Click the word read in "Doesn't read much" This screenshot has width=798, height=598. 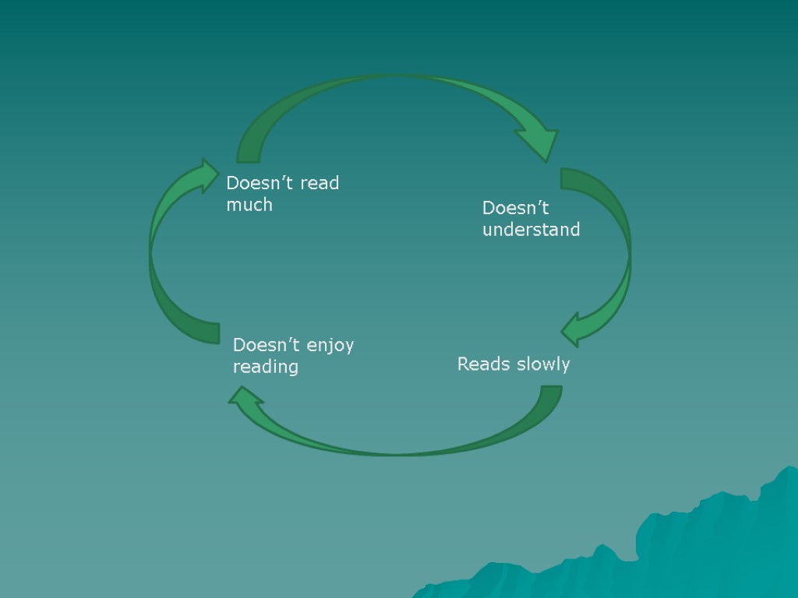(x=320, y=184)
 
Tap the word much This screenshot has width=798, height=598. (x=249, y=205)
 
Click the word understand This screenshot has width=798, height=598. (x=531, y=230)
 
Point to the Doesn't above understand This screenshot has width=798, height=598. (x=516, y=208)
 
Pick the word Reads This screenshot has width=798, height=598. (x=481, y=364)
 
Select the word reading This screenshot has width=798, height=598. (x=266, y=367)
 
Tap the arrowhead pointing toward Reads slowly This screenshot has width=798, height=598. (x=577, y=329)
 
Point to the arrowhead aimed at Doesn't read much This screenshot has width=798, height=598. (x=206, y=176)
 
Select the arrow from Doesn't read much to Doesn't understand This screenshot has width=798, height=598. (x=390, y=86)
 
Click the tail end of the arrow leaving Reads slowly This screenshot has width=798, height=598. (x=550, y=392)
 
